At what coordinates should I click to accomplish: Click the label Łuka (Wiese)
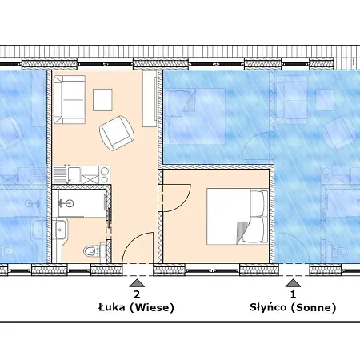coord(136,307)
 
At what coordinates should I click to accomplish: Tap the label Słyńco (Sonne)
coord(293,307)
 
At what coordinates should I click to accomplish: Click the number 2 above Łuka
coord(137,294)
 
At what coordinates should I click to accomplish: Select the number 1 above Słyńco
coord(293,294)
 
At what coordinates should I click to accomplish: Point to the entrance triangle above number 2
coord(137,283)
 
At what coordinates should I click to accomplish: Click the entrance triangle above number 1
coord(293,283)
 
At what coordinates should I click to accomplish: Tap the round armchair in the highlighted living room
coord(117,133)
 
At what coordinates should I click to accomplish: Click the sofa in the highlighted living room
coord(70,99)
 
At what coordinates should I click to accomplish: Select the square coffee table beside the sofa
coord(102,100)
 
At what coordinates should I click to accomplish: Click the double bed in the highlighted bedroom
coord(238,217)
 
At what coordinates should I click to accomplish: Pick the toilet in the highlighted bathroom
coord(91,250)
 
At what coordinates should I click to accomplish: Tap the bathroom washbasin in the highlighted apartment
coord(60,229)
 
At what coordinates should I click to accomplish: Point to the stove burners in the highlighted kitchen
coord(105,174)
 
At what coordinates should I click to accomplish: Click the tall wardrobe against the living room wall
coord(150,98)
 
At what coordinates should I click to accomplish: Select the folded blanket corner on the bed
coord(241,233)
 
